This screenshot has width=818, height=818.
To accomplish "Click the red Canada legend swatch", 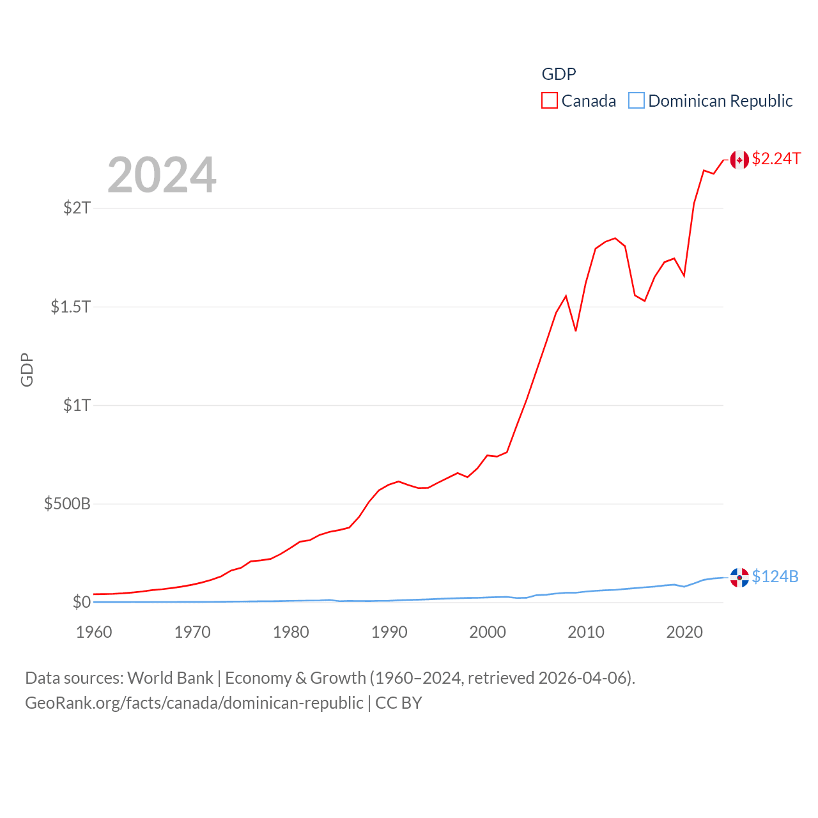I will (550, 101).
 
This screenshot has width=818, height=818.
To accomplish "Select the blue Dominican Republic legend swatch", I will (637, 101).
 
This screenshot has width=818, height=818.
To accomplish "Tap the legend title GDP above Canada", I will (559, 74).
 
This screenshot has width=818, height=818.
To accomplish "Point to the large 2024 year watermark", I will (162, 175).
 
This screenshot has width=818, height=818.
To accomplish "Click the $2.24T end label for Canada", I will (776, 158).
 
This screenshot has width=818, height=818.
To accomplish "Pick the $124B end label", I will (775, 576).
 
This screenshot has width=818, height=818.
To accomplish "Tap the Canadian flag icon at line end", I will (739, 160).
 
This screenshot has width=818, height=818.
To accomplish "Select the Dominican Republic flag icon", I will (739, 578).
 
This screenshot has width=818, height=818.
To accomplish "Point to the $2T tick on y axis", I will (77, 208).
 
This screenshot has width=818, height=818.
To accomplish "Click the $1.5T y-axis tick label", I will (71, 307).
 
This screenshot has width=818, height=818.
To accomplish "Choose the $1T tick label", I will (77, 405).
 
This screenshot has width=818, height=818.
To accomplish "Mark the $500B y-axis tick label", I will (67, 504).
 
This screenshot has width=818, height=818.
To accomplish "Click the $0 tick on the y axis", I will (82, 602).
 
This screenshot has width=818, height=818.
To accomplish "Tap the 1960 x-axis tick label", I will (94, 632).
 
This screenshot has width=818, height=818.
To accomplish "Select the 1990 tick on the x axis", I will (389, 632).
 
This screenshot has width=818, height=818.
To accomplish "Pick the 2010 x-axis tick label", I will (586, 632).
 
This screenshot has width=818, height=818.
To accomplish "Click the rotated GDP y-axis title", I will (27, 369).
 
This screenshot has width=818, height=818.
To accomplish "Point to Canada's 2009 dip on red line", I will (576, 330).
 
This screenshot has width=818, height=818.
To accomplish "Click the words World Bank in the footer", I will (170, 677).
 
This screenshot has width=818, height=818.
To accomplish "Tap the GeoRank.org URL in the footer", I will (194, 703).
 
